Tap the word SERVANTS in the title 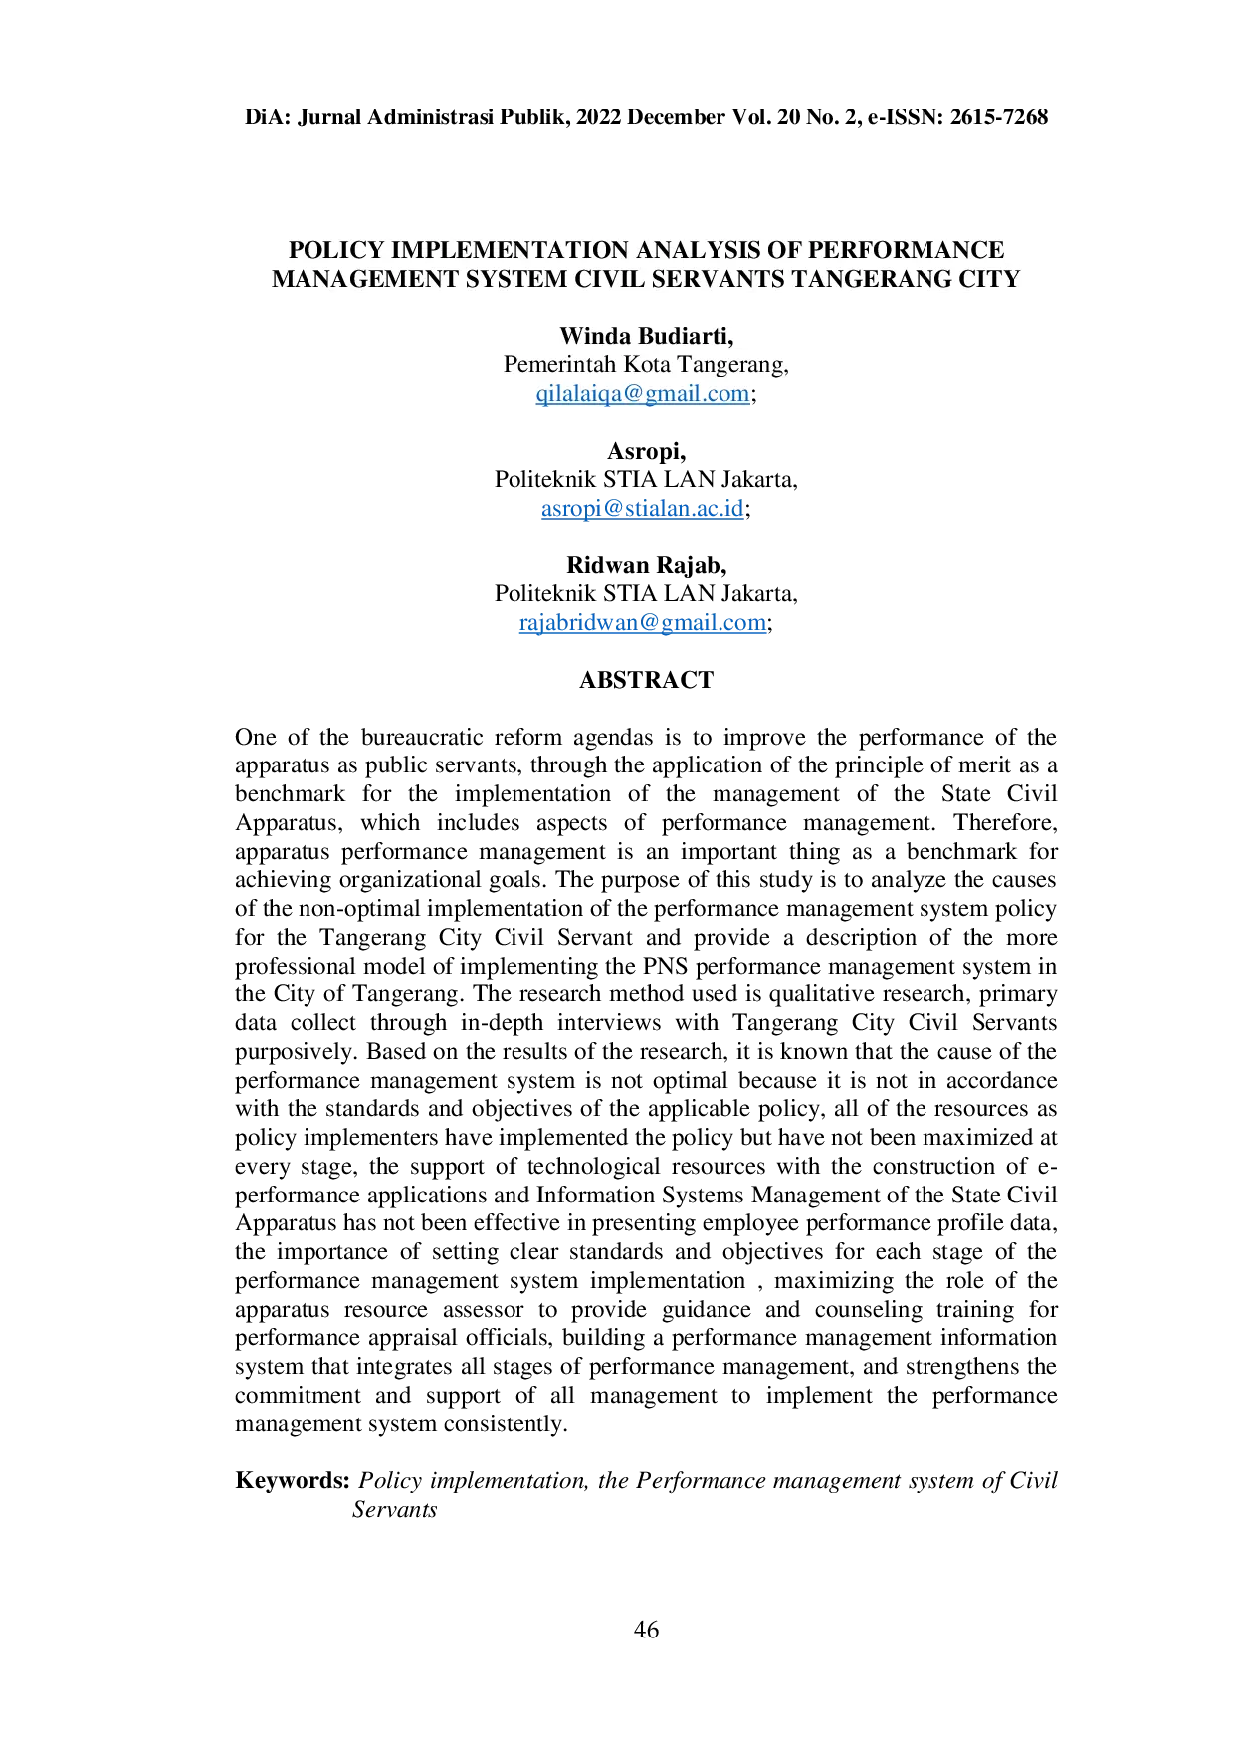pyautogui.click(x=718, y=279)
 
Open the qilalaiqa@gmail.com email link pyautogui.click(x=644, y=394)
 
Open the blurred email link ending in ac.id pyautogui.click(x=644, y=511)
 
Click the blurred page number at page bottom pyautogui.click(x=646, y=1630)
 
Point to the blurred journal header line pyautogui.click(x=645, y=116)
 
